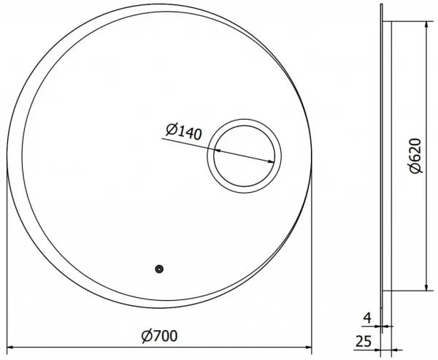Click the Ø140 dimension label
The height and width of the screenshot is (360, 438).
tap(183, 131)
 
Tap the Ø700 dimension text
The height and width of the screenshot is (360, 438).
tap(159, 336)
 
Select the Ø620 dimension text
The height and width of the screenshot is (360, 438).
tap(415, 156)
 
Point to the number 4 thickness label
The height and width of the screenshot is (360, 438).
tap(367, 318)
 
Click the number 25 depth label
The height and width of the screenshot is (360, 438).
tap(364, 341)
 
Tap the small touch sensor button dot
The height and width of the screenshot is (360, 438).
tap(159, 269)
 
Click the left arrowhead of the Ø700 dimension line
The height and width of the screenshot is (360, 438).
tap(10, 348)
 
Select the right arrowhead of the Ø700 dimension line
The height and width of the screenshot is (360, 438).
tap(308, 348)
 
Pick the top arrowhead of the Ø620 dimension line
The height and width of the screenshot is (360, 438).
tap(426, 25)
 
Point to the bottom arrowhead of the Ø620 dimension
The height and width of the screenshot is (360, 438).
tap(426, 287)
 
